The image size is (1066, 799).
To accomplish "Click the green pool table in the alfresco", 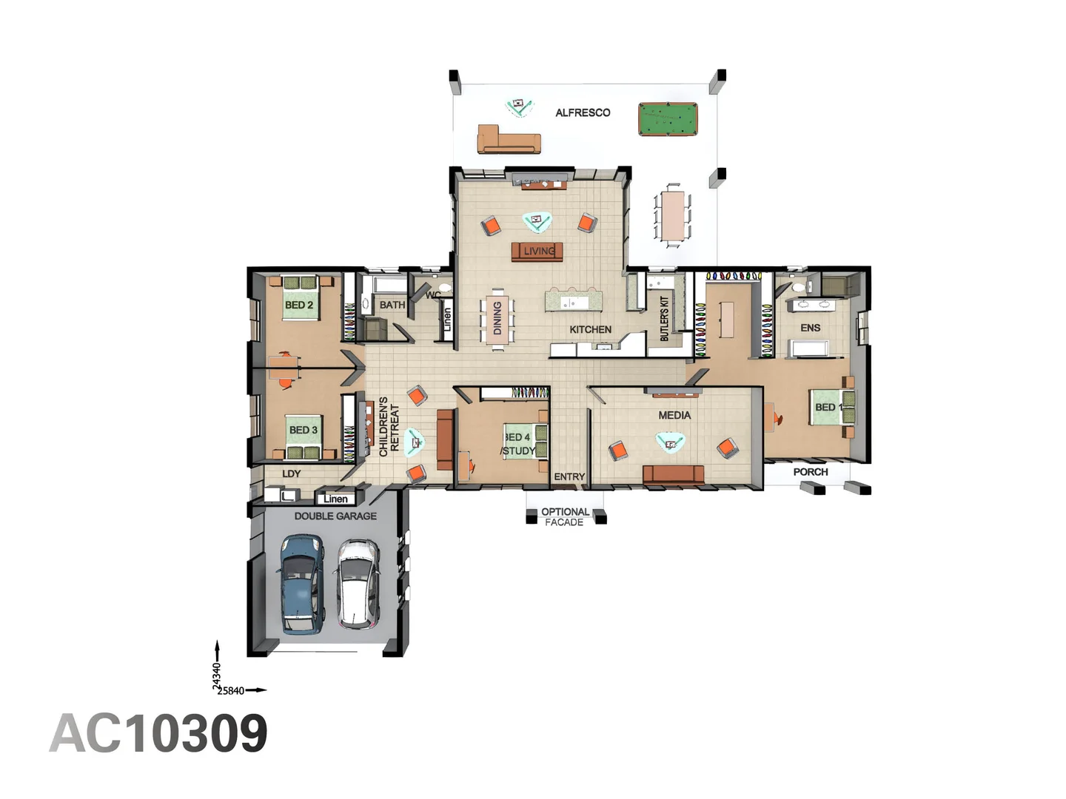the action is [x=667, y=119].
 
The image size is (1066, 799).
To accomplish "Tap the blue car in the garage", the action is [x=301, y=584].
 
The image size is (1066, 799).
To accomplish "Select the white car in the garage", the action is [x=358, y=584].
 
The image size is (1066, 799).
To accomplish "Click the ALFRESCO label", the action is [x=583, y=112].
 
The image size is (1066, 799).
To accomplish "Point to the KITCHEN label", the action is [x=590, y=329].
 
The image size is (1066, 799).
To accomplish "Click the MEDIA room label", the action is [x=674, y=415].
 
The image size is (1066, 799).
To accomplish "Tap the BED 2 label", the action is [x=298, y=305].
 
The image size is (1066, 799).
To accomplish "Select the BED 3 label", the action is [x=303, y=430].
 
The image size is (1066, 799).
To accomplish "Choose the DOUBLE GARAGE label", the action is [x=335, y=516].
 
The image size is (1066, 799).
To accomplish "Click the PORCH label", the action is [x=811, y=471].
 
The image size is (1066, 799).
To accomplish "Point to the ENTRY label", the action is [x=569, y=477].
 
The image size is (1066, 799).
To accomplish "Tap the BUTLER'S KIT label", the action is [x=664, y=318].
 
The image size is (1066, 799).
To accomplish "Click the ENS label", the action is [x=811, y=328].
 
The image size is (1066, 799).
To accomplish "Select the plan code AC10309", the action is [x=158, y=733].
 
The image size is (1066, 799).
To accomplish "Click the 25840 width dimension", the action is [x=231, y=691].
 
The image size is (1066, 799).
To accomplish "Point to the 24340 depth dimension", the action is [x=217, y=676].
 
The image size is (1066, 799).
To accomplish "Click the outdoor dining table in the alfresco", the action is [x=673, y=215].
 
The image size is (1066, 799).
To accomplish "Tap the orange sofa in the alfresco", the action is [x=509, y=140].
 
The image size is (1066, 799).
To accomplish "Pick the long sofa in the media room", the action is [x=673, y=474].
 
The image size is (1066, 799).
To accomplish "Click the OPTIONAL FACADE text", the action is [x=565, y=517].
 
